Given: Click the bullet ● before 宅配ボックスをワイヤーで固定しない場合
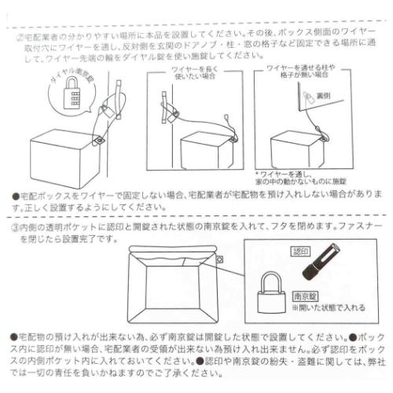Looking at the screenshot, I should (x=17, y=194).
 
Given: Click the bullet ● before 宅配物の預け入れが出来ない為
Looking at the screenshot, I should (x=17, y=335).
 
